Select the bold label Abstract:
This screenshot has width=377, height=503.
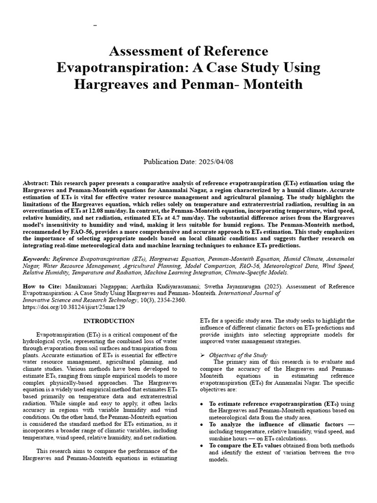click(x=37, y=183)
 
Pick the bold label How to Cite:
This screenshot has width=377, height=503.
click(x=42, y=285)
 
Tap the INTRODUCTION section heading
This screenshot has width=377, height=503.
click(x=108, y=321)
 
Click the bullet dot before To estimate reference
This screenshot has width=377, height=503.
click(x=203, y=403)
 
